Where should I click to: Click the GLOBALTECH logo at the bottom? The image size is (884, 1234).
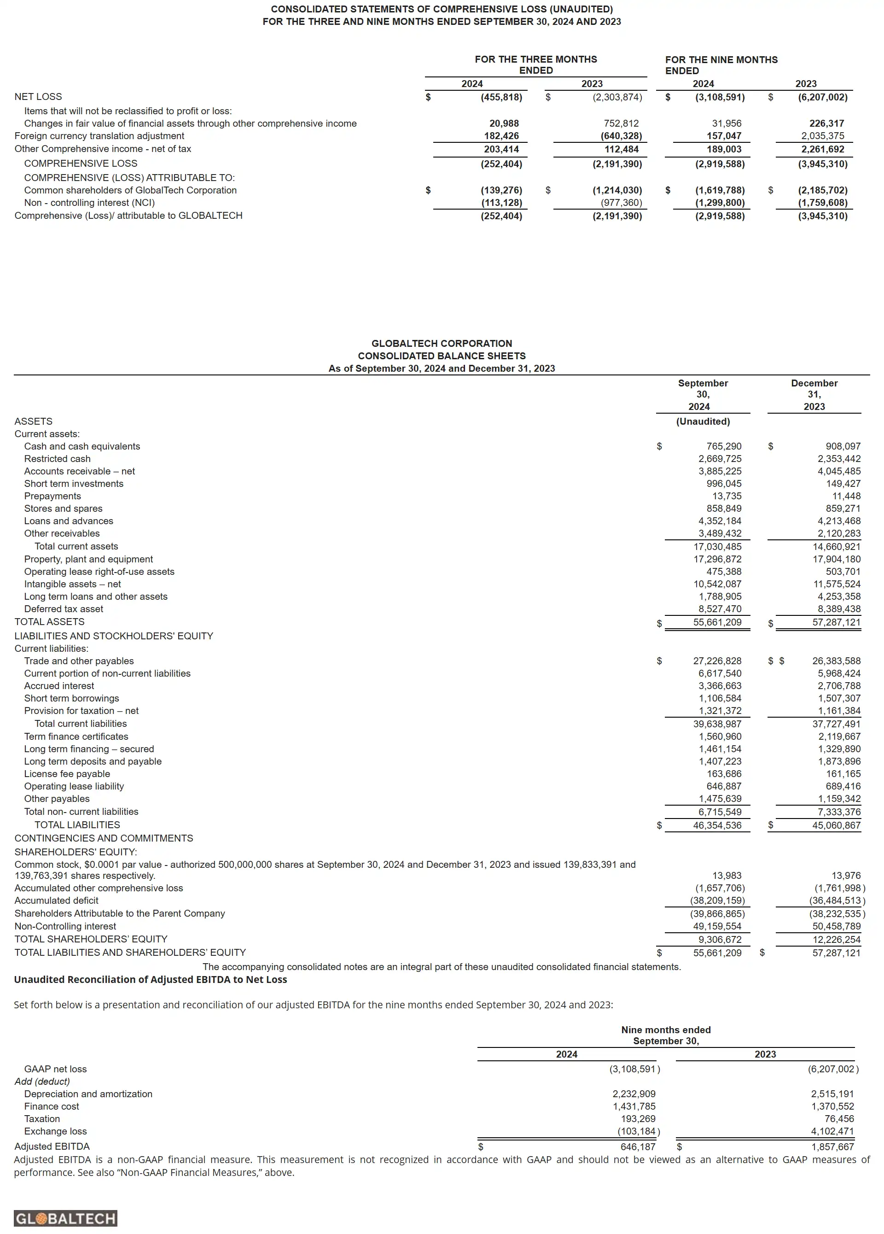[65, 1218]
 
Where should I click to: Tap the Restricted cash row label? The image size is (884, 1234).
[57, 459]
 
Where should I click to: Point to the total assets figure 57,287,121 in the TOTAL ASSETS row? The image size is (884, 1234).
[836, 622]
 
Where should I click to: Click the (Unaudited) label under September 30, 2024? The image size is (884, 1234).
[703, 421]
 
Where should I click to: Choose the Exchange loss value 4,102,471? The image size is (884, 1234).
[832, 1131]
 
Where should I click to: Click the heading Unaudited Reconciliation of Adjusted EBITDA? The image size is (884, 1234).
[150, 979]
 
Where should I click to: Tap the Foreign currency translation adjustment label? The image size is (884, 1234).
[99, 136]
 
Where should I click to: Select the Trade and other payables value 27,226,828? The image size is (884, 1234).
[717, 661]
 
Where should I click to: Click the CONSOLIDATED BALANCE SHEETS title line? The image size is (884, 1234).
[442, 356]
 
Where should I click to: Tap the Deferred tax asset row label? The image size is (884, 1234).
[63, 609]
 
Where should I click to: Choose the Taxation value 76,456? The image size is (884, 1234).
[839, 1119]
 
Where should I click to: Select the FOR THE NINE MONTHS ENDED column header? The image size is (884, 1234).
[721, 65]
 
